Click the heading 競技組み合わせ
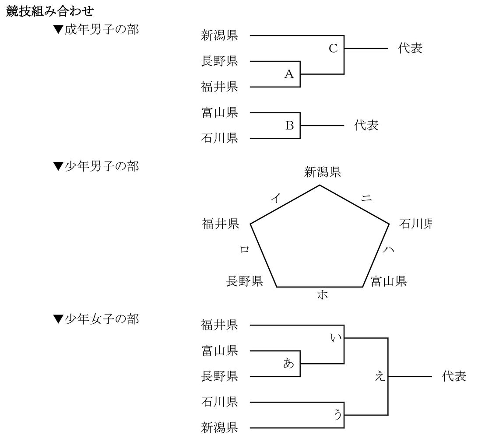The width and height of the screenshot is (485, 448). tap(49, 11)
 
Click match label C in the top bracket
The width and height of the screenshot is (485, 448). tap(333, 48)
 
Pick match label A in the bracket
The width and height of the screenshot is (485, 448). tap(289, 74)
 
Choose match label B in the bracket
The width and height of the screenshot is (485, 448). tap(289, 125)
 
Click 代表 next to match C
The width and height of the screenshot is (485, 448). tap(410, 48)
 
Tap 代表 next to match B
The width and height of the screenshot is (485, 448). tap(366, 125)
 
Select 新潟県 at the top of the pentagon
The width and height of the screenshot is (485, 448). tap(322, 172)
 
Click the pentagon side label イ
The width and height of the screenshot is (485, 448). tap(276, 198)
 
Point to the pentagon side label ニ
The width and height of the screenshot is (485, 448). tap(366, 198)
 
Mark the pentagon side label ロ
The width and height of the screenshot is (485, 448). tap(245, 249)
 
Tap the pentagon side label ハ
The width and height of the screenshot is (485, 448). tap(388, 249)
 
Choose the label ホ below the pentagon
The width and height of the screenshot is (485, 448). tap(322, 295)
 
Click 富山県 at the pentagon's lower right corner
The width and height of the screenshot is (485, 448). tap(389, 281)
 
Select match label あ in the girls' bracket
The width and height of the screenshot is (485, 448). tap(288, 363)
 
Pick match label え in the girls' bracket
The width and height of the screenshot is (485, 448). tap(380, 376)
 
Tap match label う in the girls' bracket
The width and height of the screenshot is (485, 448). tap(337, 415)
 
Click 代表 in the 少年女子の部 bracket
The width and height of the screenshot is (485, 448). tap(454, 376)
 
